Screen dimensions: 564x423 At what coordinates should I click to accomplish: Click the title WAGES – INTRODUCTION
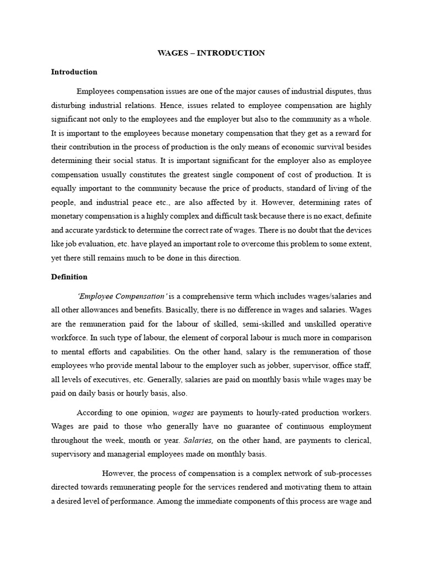coord(211,53)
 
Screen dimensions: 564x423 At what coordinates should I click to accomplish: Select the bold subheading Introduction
coord(74,72)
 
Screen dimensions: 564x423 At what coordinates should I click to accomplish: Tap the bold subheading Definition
coord(69,276)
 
